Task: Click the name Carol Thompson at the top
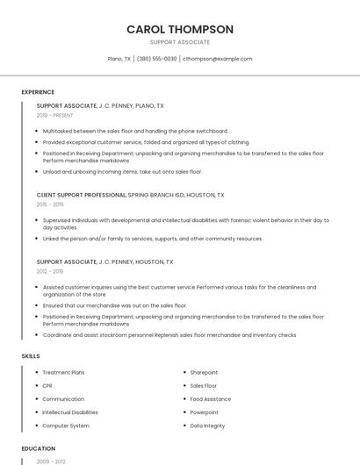pos(180,29)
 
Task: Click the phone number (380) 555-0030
pos(157,59)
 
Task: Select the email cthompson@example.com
pos(217,59)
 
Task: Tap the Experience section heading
pos(38,92)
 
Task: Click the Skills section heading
pos(31,355)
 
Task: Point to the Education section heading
pos(39,448)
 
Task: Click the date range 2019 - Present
pos(55,115)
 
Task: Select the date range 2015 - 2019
pos(50,204)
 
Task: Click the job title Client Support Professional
pos(82,195)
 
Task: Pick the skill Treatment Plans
pos(63,373)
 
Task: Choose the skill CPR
pos(47,386)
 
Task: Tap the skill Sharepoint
pos(204,373)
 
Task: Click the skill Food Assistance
pos(210,399)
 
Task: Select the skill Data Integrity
pos(207,426)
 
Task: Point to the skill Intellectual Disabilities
pos(70,412)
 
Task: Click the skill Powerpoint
pos(204,412)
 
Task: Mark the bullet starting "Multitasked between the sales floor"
pos(134,131)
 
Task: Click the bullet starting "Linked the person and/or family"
pos(152,239)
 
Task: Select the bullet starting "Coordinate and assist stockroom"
pos(169,334)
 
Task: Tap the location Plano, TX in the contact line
pos(119,59)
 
